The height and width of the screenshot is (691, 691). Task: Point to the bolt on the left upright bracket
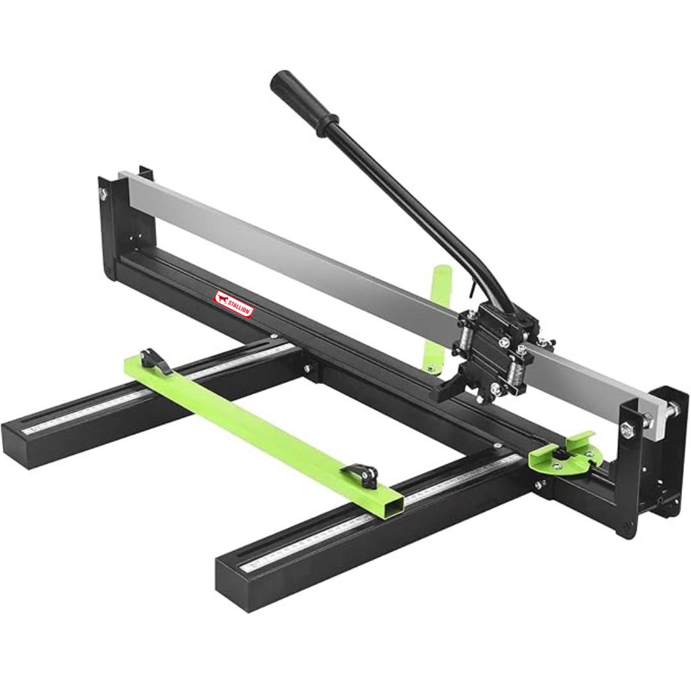click(103, 193)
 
